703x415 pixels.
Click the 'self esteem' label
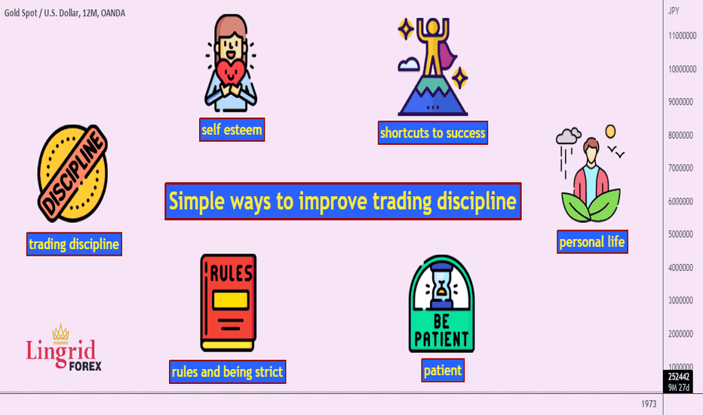tap(232, 130)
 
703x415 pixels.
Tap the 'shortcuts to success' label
tap(433, 133)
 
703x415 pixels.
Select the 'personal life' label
tap(592, 241)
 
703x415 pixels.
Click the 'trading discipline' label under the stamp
tap(74, 244)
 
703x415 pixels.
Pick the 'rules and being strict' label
tap(227, 371)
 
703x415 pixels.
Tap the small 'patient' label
tap(443, 370)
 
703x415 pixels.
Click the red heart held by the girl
tap(231, 72)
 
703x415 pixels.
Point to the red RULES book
tap(229, 303)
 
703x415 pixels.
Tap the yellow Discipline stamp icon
tap(72, 174)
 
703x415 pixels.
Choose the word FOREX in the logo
tap(85, 366)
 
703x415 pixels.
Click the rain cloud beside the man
tap(569, 136)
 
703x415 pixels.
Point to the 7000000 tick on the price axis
tap(680, 168)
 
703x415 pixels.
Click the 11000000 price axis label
tap(683, 35)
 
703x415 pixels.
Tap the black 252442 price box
tap(679, 377)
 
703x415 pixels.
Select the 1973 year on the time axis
tap(649, 404)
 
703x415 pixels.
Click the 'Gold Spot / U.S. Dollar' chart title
tap(42, 13)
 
